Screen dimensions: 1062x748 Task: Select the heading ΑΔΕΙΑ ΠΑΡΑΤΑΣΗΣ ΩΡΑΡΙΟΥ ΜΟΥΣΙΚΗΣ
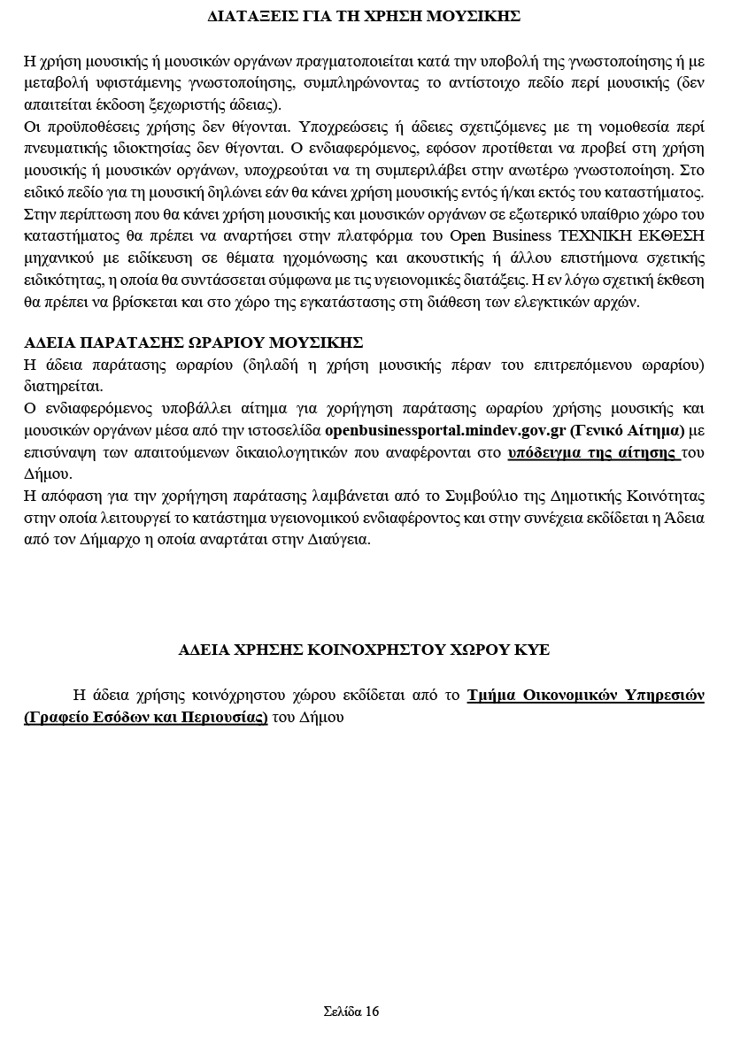[194, 343]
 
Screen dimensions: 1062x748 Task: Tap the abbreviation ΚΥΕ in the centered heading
[531, 650]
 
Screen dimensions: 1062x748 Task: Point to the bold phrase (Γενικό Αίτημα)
[628, 431]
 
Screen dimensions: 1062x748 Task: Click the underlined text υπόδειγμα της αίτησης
[593, 452]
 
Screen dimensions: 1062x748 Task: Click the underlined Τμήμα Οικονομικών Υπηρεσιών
[586, 696]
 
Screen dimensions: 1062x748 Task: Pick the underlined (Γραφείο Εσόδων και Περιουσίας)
[146, 717]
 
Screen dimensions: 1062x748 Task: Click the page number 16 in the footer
[371, 1012]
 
